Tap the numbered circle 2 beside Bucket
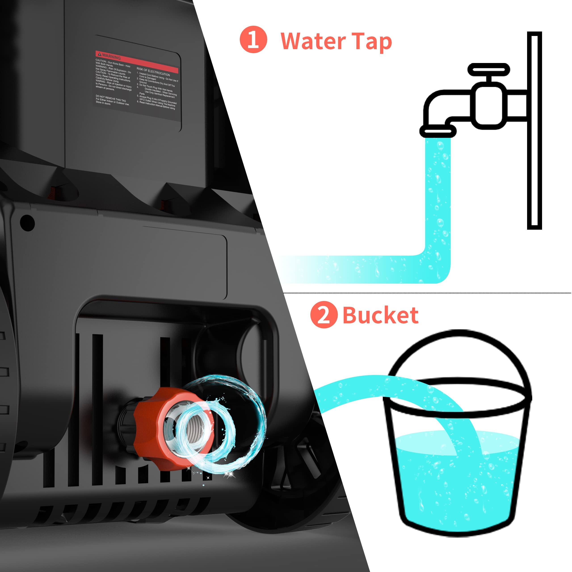coord(324,315)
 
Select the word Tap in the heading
coord(372,42)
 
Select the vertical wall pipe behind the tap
coord(534,130)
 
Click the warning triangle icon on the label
coord(100,54)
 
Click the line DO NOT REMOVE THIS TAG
coord(111,99)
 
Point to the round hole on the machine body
coord(27,222)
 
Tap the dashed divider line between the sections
coord(426,293)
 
